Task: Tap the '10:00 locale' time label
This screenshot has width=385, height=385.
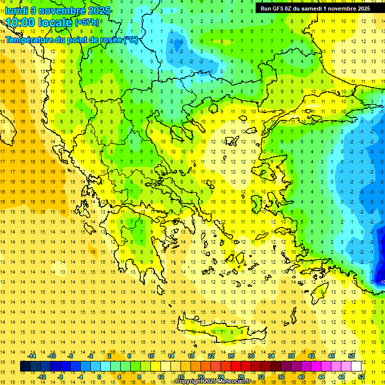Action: point(39,23)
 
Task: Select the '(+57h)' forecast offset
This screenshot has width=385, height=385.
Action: point(87,23)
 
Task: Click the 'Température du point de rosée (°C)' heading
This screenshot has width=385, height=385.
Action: point(72,40)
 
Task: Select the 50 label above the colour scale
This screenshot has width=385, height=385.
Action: point(351,356)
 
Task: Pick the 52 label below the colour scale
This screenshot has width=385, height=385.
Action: point(361,377)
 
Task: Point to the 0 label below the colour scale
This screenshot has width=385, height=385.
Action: point(99,377)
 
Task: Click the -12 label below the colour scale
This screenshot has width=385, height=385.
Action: point(42,377)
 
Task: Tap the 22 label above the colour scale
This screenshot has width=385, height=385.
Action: point(211,356)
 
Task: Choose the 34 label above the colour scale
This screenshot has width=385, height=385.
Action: point(271,356)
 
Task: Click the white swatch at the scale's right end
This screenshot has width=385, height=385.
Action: point(356,366)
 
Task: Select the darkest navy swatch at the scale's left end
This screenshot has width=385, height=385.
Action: point(25,366)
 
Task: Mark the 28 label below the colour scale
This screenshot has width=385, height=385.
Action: point(241,377)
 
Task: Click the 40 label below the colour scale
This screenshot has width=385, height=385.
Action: point(301,377)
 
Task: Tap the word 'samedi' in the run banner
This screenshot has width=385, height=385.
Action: point(310,8)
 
